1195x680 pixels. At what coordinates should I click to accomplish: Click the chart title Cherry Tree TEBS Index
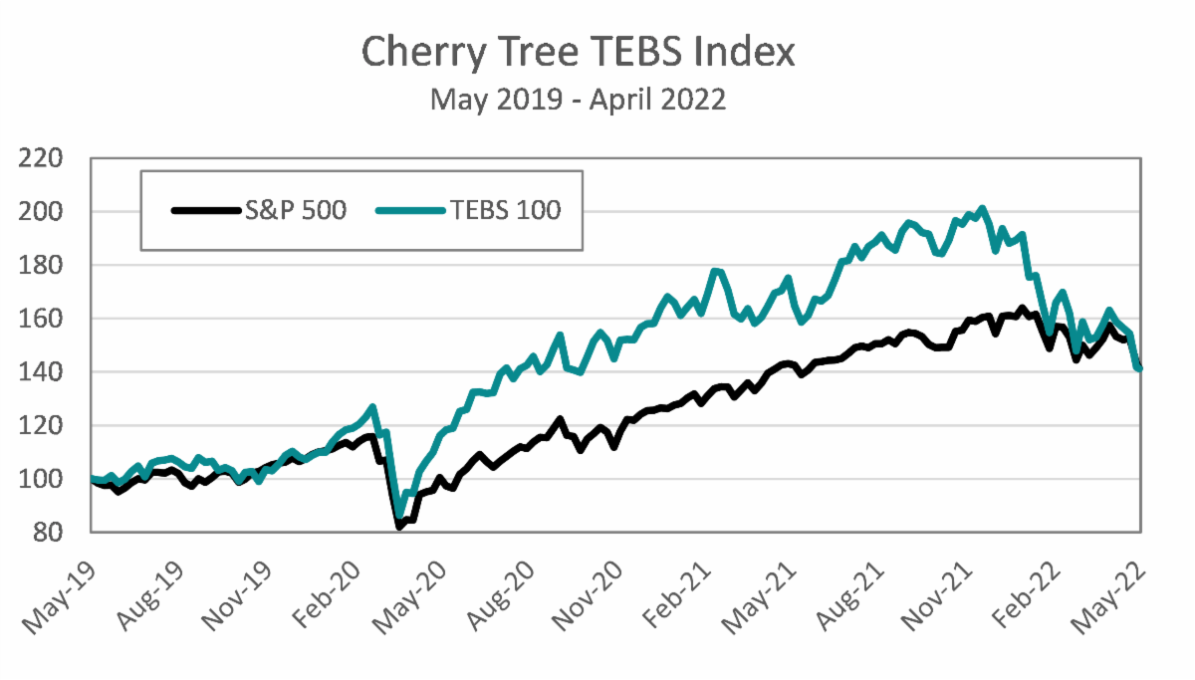coord(578,52)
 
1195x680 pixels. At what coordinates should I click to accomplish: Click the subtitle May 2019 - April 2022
coord(578,100)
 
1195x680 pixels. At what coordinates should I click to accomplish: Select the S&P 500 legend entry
coord(260,210)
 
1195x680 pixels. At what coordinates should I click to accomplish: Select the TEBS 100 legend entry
coord(469,210)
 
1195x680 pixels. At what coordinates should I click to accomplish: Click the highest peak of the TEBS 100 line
coord(982,208)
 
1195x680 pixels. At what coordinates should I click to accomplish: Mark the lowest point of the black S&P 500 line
coord(400,527)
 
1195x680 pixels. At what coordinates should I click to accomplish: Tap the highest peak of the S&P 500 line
coord(1022,309)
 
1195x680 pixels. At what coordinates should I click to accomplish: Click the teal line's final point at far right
coord(1139,368)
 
